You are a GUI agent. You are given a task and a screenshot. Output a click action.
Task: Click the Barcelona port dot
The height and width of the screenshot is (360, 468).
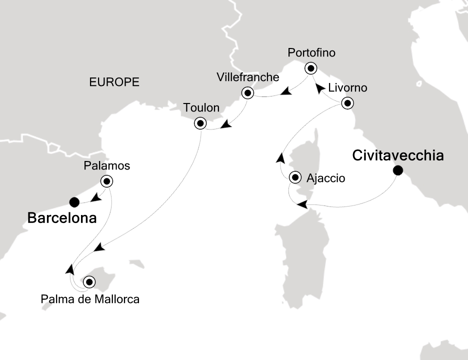click(74, 202)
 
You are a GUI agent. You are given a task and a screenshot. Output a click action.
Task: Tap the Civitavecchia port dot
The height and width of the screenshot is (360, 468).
click(398, 170)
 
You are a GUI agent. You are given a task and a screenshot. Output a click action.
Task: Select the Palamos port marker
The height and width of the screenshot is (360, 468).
click(107, 181)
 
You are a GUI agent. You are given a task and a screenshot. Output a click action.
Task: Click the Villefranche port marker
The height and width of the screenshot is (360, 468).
click(247, 92)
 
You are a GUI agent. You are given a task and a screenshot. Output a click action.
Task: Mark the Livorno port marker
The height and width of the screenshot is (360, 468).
click(347, 103)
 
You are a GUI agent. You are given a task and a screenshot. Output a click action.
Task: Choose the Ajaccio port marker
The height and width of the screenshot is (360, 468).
click(295, 176)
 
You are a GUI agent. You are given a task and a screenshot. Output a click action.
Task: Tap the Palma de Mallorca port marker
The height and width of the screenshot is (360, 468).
click(89, 281)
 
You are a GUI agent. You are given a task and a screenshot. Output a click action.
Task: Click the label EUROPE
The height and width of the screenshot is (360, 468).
click(114, 82)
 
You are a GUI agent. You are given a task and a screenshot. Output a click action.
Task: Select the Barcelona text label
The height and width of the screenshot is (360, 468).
click(62, 218)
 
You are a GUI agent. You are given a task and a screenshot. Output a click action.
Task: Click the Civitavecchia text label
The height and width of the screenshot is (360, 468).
click(398, 155)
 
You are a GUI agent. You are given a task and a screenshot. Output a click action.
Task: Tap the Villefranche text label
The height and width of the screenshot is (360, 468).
click(247, 77)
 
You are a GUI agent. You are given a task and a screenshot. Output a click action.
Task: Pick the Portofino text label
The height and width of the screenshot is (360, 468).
click(311, 53)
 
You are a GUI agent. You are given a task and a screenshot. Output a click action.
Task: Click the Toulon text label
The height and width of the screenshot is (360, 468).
click(201, 107)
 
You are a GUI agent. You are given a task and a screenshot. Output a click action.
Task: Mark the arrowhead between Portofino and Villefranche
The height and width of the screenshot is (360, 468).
click(286, 91)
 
